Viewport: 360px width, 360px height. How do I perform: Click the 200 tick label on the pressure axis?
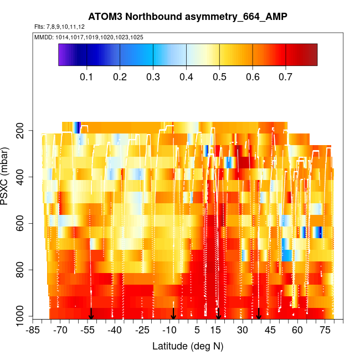[24, 131]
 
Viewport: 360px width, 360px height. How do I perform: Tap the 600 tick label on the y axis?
[24, 224]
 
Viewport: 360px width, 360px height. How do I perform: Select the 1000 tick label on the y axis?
[22, 317]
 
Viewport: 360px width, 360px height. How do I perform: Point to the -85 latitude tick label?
[33, 331]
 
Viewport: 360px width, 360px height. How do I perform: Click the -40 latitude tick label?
[115, 331]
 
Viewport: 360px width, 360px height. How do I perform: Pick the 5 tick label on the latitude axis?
[197, 331]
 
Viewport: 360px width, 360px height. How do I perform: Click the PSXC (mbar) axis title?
[7, 178]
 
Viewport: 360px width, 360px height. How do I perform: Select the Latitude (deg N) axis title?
[188, 346]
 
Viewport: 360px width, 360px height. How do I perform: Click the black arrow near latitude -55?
[91, 314]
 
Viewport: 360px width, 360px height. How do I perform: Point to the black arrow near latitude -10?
[173, 314]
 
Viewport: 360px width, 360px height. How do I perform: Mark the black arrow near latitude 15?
[219, 314]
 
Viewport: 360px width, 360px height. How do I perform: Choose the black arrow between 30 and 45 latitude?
[259, 314]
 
